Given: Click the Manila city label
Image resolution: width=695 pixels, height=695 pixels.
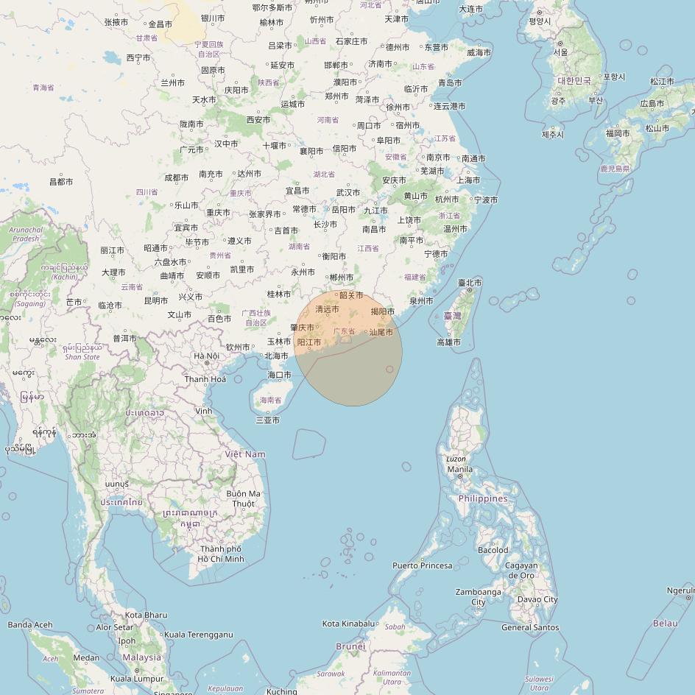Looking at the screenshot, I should pos(459,469).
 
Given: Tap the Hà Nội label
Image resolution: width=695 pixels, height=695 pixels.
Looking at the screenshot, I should pos(206,356).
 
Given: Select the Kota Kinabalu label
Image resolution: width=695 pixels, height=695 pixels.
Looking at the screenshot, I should pos(348,624).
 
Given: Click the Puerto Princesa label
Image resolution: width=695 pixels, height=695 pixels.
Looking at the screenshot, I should pos(422,565).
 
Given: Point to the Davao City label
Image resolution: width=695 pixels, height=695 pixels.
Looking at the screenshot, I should pos(537,599).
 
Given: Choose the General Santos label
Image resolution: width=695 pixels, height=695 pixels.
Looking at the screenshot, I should pos(530,627).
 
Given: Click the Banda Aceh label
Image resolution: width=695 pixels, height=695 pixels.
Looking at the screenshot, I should pos(30,624).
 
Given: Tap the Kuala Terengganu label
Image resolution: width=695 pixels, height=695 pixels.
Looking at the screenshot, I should pos(198,635).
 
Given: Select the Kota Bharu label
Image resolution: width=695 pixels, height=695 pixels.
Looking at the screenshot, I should pos(146,615).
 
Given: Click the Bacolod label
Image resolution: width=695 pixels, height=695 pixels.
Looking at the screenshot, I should pos(493,550).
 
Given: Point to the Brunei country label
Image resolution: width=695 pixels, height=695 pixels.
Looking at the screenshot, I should pos(350,646).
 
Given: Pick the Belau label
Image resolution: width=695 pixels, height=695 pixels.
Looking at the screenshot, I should pos(666,623).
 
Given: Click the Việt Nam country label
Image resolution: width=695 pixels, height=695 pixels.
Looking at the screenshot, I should pos(245,454).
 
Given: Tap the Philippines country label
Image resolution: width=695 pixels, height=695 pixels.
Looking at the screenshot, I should pos(483,498).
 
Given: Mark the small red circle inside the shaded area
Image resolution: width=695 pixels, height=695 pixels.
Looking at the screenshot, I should pos(389,369).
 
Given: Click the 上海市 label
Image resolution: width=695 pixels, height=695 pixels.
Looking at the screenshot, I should pos(468,180).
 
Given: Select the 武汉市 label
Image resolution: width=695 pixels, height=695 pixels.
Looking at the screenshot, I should pos(348,193).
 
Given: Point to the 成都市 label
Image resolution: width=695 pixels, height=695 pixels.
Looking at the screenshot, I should pos(177,177).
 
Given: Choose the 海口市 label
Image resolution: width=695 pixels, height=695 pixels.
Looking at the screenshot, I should pos(279,375).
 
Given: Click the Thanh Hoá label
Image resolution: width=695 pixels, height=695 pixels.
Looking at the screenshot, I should pos(205,379).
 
